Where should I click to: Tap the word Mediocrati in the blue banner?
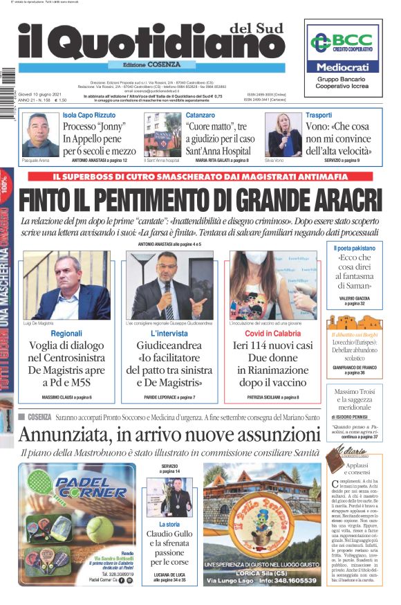[x=343, y=67]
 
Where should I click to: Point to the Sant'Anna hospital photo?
[x=162, y=135]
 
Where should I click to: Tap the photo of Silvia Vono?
[x=283, y=135]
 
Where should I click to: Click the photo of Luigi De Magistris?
[x=66, y=285]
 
